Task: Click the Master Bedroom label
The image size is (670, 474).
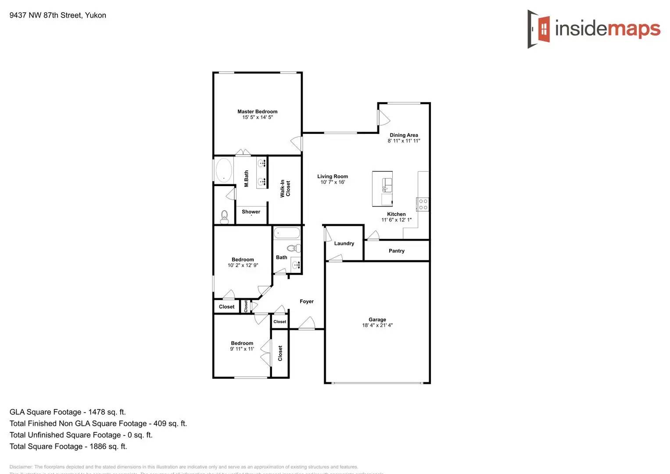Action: [257, 111]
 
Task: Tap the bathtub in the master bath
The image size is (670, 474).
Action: [224, 170]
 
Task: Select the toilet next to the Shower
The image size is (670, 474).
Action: [225, 216]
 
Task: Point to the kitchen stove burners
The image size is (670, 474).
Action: [423, 204]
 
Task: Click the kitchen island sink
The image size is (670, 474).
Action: [387, 185]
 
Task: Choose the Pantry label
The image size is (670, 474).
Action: [396, 251]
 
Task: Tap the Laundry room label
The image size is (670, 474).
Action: [344, 244]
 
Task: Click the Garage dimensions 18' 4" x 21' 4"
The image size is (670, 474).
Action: [377, 325]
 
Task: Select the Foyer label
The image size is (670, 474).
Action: [307, 302]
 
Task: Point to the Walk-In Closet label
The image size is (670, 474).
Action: [285, 189]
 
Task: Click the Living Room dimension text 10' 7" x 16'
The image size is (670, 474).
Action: [333, 182]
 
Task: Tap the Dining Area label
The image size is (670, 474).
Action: [404, 135]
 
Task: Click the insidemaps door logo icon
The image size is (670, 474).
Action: [539, 29]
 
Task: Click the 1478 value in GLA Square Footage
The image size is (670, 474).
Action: [97, 412]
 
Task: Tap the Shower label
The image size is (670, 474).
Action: [251, 212]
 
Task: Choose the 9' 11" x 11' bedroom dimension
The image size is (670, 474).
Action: [242, 349]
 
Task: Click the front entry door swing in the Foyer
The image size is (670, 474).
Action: [307, 323]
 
